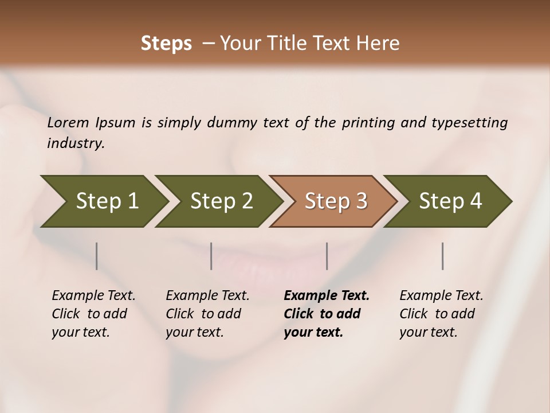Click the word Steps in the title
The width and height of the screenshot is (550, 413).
point(166,44)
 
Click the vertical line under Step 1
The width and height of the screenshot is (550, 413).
point(97,256)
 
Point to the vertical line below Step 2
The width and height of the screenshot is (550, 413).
point(211,256)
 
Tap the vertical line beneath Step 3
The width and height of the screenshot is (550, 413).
point(327,256)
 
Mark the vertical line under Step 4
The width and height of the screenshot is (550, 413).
point(443,256)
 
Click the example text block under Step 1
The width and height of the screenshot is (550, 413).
point(93,314)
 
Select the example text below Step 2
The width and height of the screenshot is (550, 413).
point(207,314)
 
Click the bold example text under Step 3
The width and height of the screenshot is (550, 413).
point(327,314)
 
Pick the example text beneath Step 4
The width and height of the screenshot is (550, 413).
point(441,314)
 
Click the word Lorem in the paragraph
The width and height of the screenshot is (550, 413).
point(68,123)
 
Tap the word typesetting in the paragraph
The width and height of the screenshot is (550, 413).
point(469,123)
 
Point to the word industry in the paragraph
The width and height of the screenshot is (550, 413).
point(76,143)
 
